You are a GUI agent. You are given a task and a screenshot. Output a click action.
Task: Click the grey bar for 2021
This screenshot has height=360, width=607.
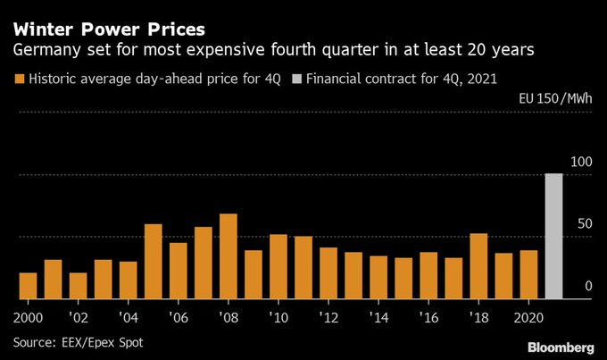[x=553, y=237]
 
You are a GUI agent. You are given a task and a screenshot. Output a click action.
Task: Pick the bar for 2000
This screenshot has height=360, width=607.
[x=28, y=286]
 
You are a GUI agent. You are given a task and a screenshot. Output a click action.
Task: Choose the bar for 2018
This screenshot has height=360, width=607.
[x=478, y=266]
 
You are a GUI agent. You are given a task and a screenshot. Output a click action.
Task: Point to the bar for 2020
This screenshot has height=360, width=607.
[x=528, y=275]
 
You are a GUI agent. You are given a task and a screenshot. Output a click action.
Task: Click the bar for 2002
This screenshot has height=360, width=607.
[x=78, y=286]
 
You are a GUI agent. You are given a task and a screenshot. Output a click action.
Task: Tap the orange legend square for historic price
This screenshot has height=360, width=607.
[x=18, y=80]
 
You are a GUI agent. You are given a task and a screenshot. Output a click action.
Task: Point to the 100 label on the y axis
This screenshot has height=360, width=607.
[x=580, y=162]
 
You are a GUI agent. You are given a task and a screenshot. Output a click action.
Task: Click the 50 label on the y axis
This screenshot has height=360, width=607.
[x=584, y=223]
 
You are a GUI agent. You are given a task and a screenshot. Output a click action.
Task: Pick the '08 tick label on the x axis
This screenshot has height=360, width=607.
[x=229, y=315]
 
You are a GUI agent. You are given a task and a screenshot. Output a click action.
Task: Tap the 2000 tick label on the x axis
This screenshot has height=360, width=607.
[x=29, y=315]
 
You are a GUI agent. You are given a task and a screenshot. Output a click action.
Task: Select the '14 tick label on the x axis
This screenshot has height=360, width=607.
[x=378, y=315]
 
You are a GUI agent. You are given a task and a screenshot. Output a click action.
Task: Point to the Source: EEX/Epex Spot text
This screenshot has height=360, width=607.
[x=78, y=342]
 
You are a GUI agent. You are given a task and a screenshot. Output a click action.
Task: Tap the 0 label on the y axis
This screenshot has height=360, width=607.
[x=588, y=286]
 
